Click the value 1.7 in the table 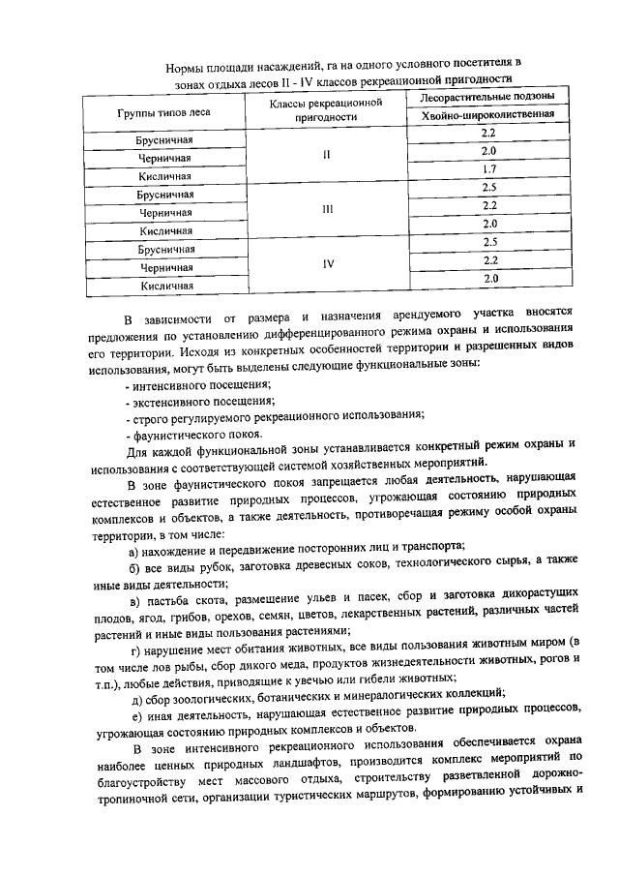pos(487,169)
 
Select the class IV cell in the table pos(326,261)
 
